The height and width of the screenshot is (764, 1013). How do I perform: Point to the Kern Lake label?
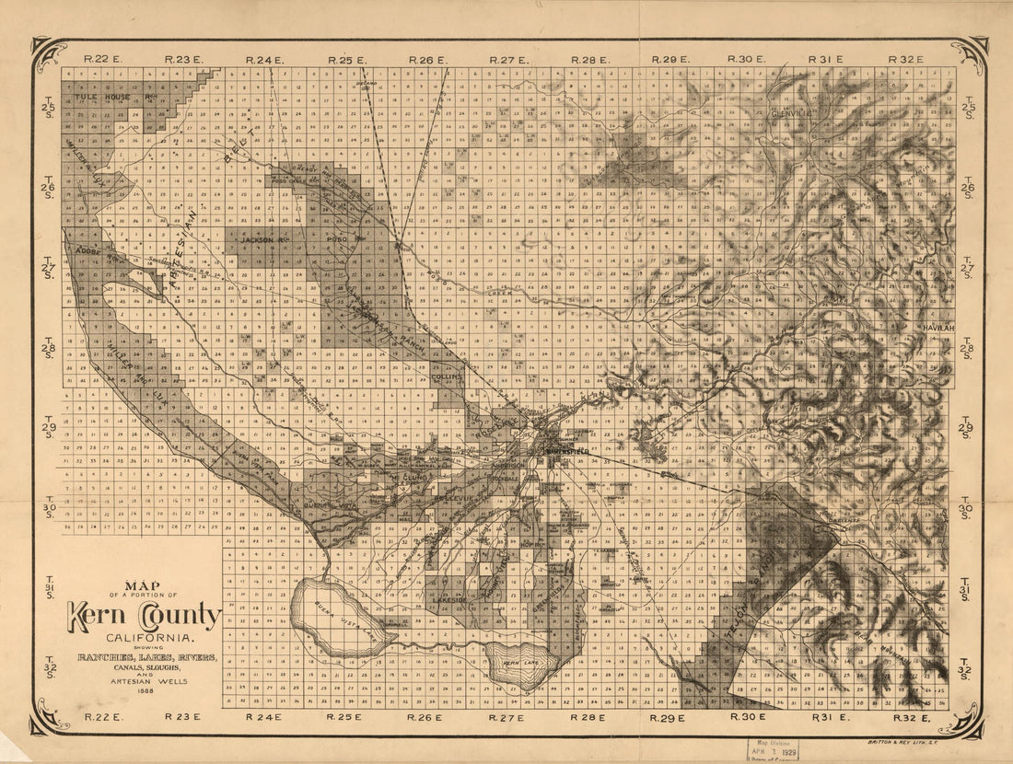click(x=521, y=664)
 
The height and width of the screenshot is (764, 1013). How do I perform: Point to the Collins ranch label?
click(x=447, y=376)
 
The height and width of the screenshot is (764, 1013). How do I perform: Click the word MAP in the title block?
click(x=143, y=584)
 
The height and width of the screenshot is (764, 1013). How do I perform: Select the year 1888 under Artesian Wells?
click(x=143, y=692)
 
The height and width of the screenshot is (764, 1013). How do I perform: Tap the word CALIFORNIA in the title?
click(x=142, y=638)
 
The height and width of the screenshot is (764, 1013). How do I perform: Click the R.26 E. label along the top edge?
click(x=428, y=60)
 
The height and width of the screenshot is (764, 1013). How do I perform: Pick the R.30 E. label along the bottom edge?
click(x=748, y=716)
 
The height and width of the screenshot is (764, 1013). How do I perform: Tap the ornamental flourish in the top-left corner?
click(x=48, y=55)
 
